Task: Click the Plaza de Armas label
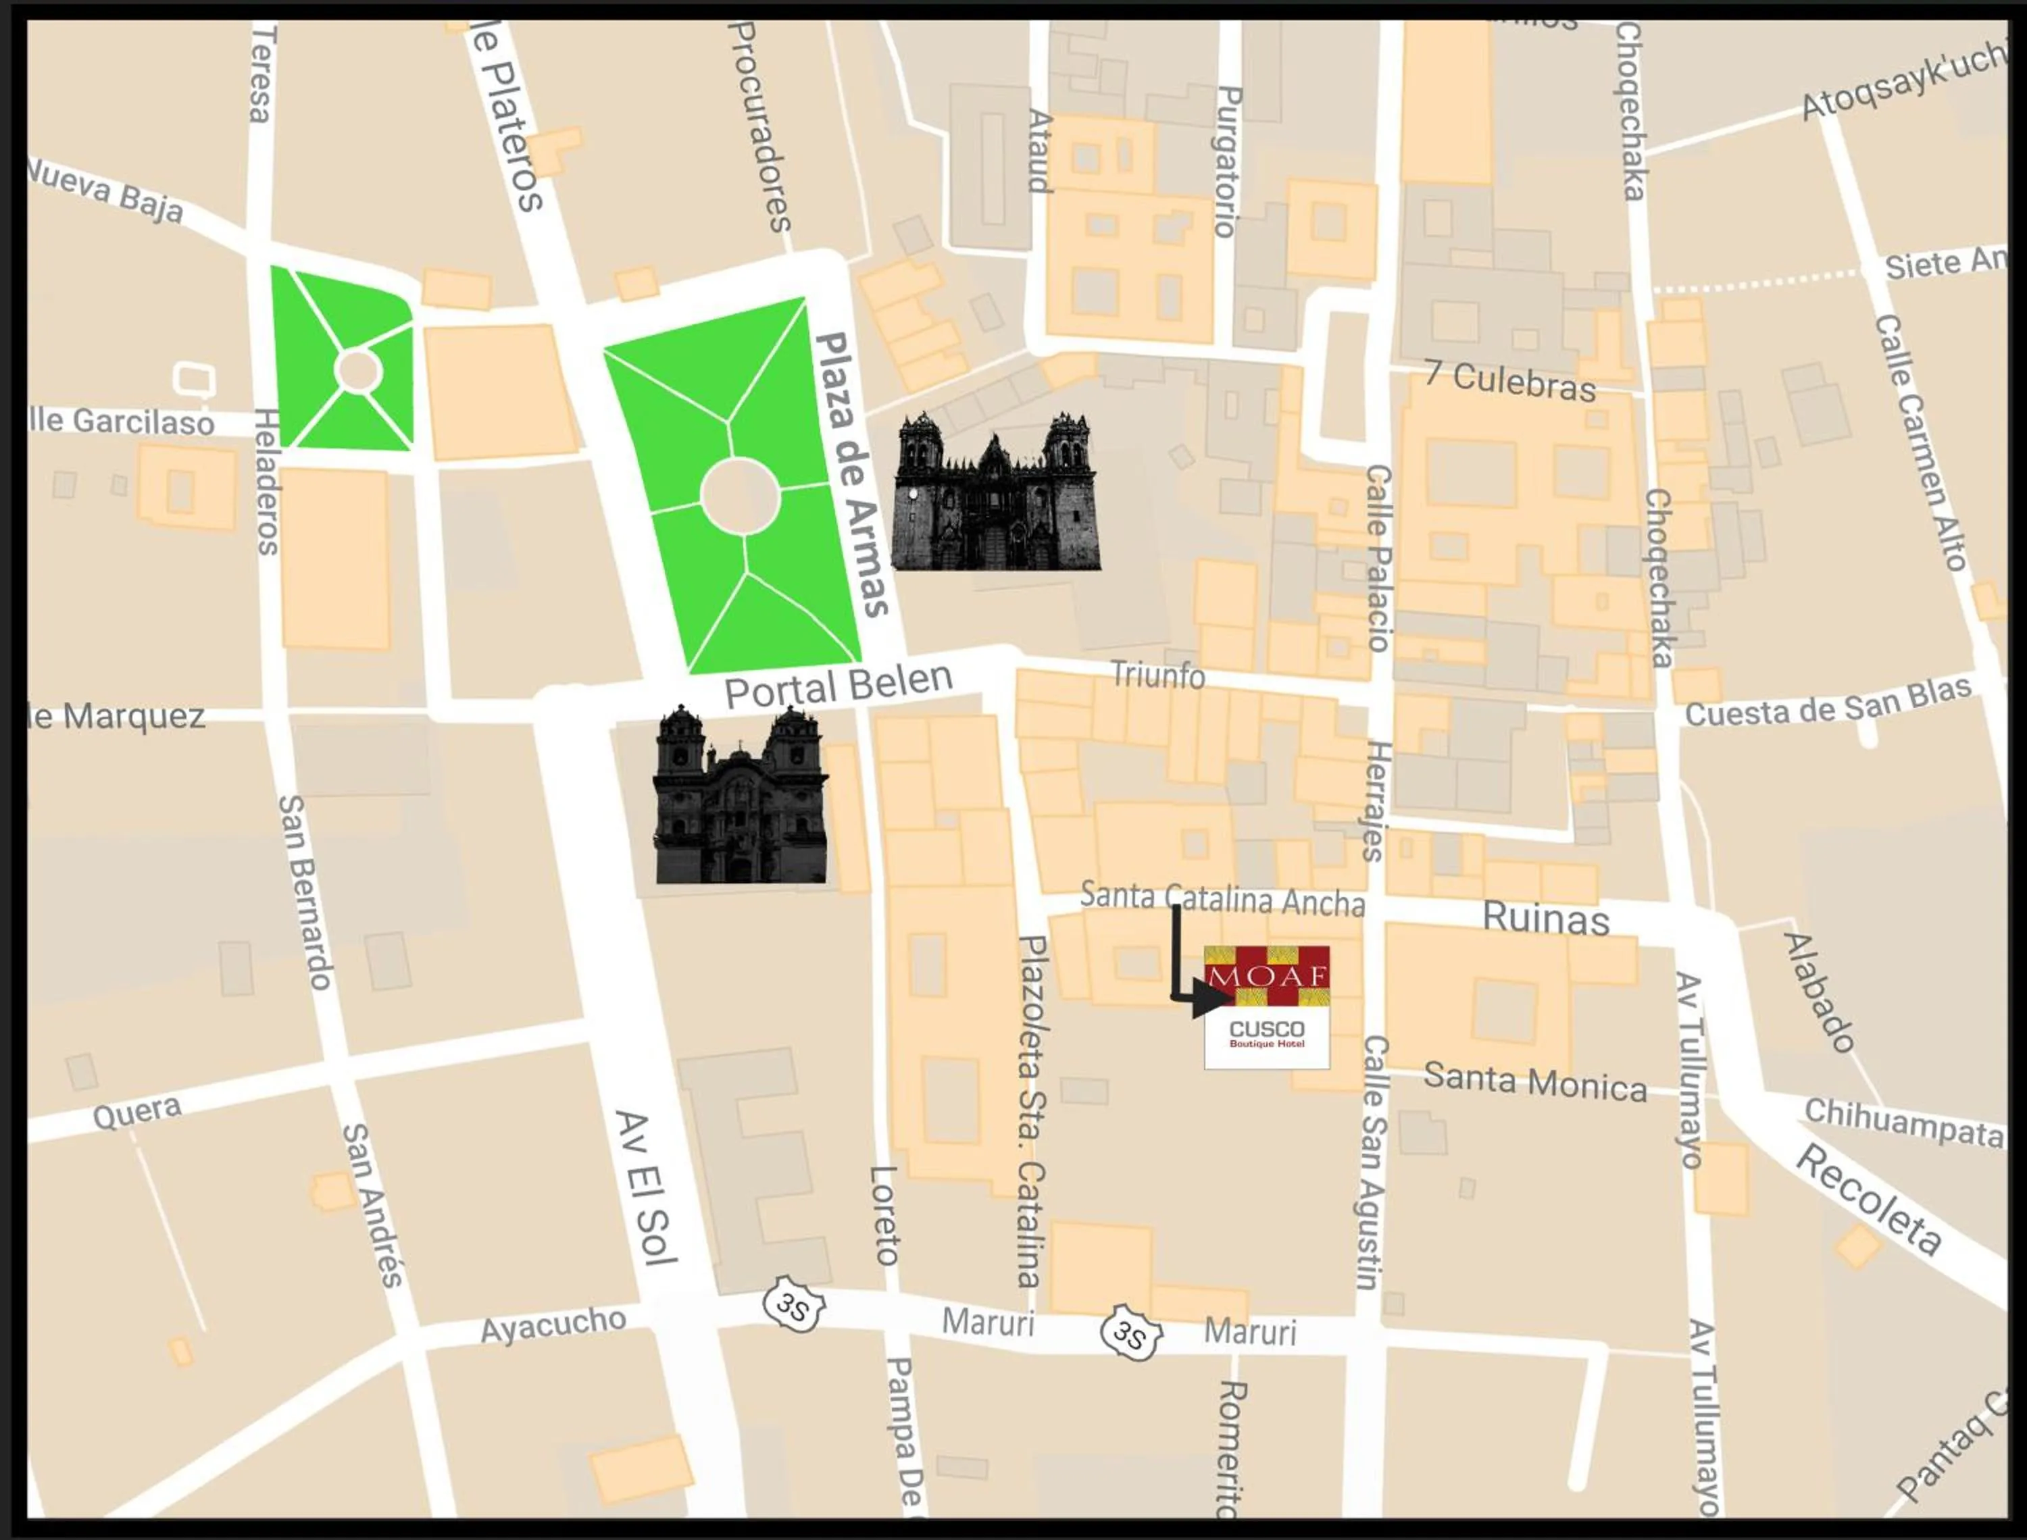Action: click(x=852, y=474)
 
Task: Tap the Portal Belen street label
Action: click(x=839, y=685)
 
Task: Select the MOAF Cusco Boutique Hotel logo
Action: click(x=1266, y=1006)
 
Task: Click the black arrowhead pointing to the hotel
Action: click(x=1212, y=998)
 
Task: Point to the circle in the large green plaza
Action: click(x=740, y=495)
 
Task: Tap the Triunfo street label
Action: click(x=1158, y=675)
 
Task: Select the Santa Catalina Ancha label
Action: click(x=1222, y=899)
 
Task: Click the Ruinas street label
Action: click(x=1546, y=919)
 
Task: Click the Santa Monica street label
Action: click(x=1534, y=1081)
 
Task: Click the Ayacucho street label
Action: click(x=553, y=1325)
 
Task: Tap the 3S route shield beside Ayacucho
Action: click(x=793, y=1304)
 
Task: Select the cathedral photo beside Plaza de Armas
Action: click(x=996, y=492)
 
